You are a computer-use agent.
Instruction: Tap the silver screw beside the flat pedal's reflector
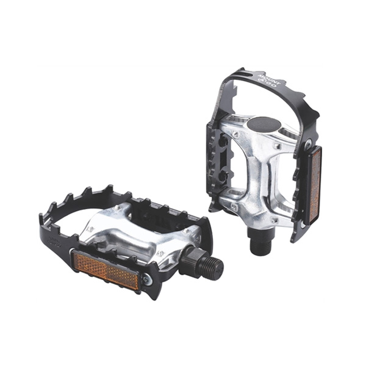click(146, 280)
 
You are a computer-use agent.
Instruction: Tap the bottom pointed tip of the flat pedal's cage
click(155, 295)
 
